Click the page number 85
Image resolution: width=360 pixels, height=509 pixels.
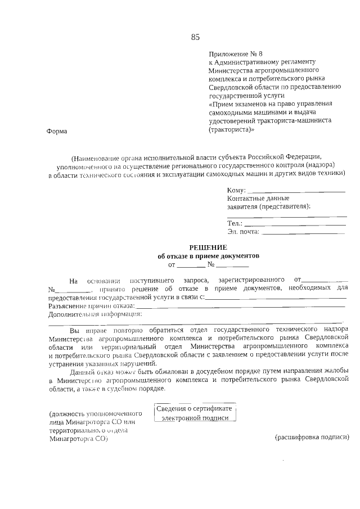pos(195,38)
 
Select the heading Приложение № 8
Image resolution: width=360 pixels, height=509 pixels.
pos(232,53)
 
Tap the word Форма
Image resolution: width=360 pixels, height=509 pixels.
pos(56,131)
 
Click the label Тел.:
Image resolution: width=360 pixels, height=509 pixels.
pos(235,223)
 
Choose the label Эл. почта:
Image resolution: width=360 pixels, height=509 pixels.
pos(243,231)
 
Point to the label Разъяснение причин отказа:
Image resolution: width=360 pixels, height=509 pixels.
pos(92,305)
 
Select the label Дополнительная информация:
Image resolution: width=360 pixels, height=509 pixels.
pos(95,314)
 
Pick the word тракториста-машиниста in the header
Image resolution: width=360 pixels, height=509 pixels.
pos(298,121)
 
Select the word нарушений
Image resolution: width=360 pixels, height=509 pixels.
pos(134,363)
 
